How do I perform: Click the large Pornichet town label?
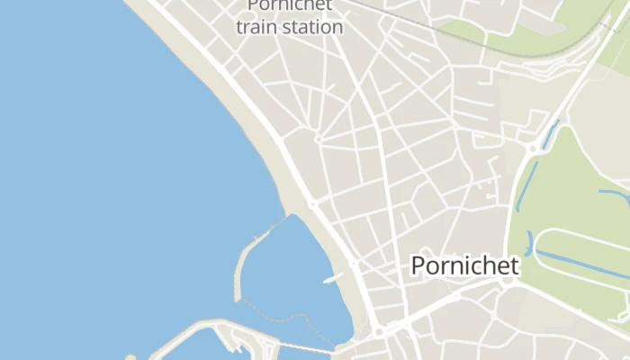[464, 266]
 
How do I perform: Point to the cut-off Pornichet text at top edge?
[290, 5]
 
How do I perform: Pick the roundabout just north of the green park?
[534, 148]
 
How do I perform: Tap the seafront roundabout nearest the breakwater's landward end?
[312, 204]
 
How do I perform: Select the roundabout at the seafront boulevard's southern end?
[379, 332]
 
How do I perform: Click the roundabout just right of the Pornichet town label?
[508, 281]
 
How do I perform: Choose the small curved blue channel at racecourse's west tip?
[530, 242]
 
